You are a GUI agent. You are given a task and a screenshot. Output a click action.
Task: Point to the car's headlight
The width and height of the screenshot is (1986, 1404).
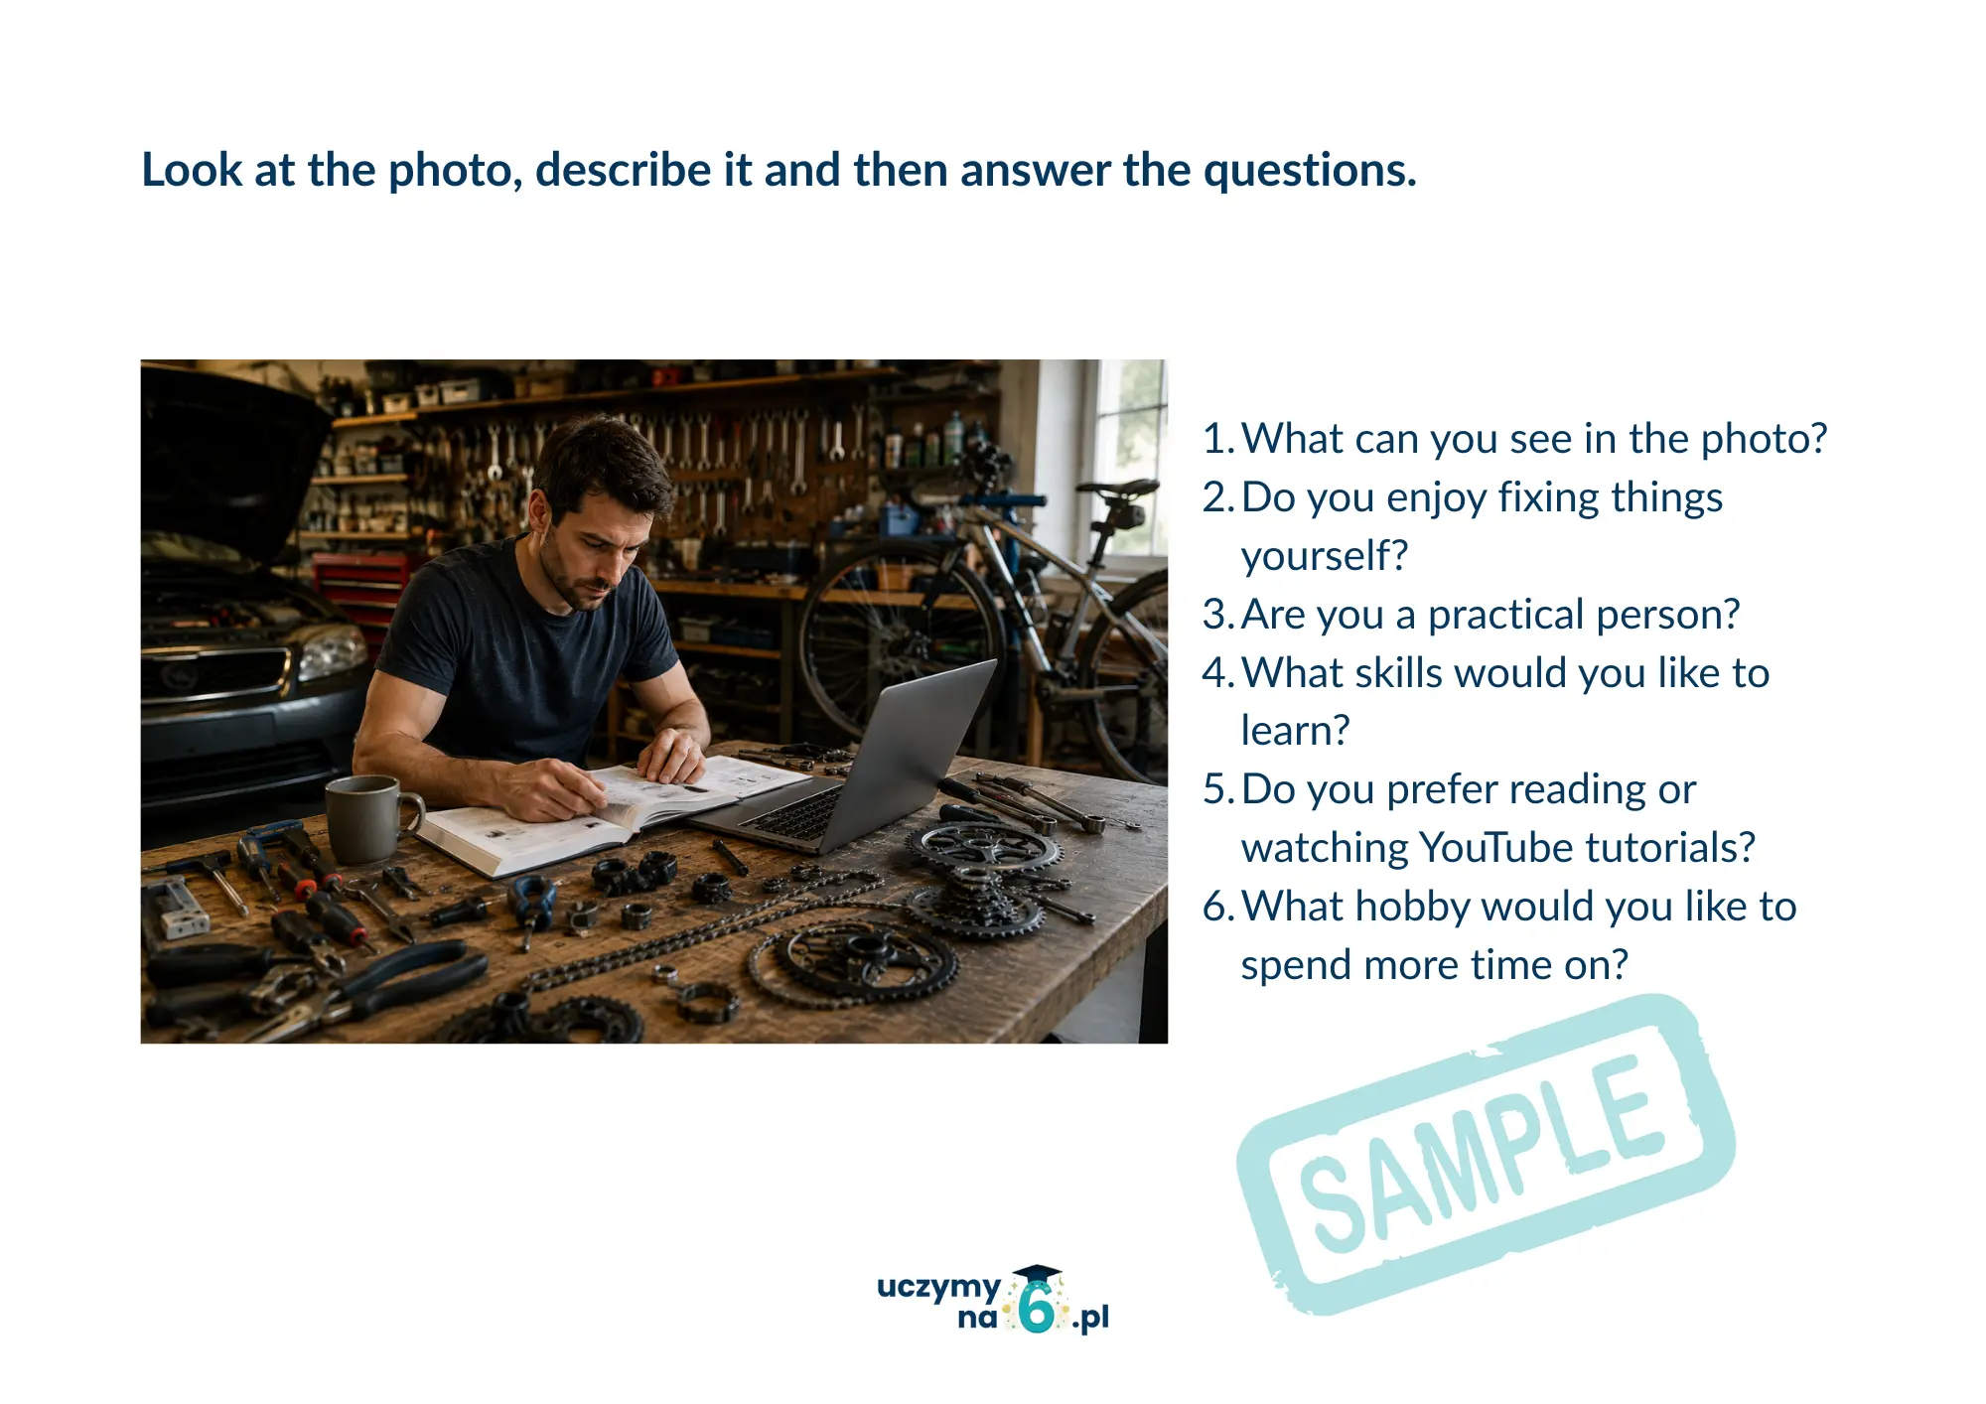point(331,652)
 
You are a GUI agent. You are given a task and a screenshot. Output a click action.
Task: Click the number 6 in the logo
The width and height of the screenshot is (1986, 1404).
point(1037,1307)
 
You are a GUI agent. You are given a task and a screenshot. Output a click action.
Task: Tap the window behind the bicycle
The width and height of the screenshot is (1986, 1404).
point(1131,457)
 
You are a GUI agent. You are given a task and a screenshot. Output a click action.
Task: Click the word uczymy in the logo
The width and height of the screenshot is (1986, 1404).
point(938,1288)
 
